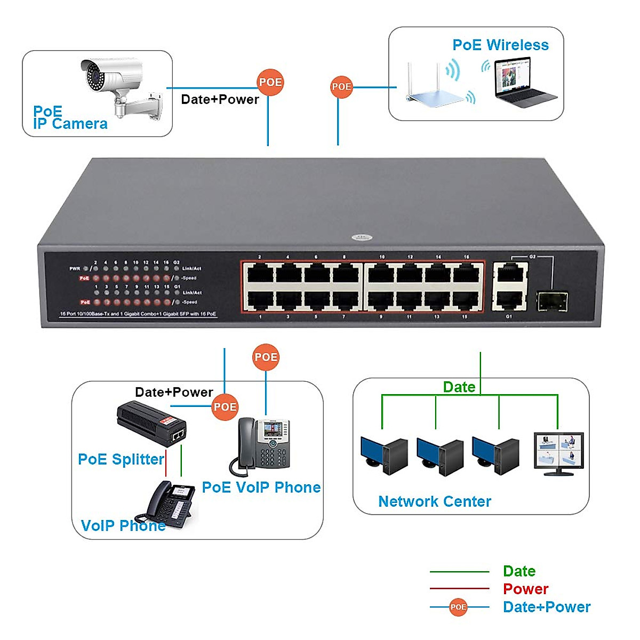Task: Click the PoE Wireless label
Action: pos(500,45)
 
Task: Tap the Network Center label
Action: pos(434,501)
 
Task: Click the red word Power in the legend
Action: pos(525,589)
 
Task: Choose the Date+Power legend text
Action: pos(546,607)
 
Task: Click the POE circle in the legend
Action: pos(458,607)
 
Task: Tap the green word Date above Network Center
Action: pos(459,387)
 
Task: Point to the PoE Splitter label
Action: pos(121,459)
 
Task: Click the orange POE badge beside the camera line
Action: pos(270,82)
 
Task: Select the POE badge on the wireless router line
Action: pos(341,86)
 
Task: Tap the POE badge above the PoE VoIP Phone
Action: pos(266,357)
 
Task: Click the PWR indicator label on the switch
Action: pos(75,268)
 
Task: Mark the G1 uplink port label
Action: pos(509,316)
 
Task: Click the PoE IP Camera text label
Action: pos(70,118)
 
